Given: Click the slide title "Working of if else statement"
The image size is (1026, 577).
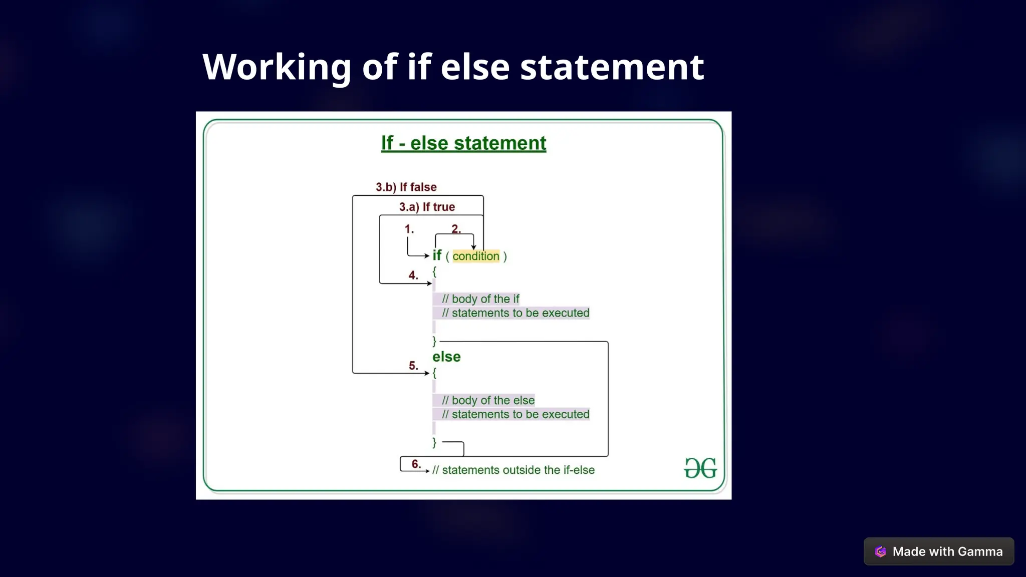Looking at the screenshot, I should point(453,67).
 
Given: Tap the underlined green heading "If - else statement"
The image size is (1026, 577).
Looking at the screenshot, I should point(463,143).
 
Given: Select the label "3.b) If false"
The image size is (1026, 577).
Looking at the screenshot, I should point(406,187).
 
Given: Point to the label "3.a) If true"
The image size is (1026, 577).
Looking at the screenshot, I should point(427,207).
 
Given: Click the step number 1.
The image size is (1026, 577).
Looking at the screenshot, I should point(409,229).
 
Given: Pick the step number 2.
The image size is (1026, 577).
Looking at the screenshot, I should point(456,229).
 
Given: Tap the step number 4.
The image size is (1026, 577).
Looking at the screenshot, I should point(413,275).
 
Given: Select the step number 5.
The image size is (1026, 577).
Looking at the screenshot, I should point(413,366).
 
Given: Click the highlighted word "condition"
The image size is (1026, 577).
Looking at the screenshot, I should point(476,256).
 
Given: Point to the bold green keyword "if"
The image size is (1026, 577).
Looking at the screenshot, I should point(437,255).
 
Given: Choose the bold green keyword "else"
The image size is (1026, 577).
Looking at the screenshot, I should point(446,357).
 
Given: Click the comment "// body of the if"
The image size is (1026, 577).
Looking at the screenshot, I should point(480,299).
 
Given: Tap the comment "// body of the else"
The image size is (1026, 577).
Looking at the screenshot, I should point(488,400).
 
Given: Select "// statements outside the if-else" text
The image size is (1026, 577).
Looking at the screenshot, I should point(514,470).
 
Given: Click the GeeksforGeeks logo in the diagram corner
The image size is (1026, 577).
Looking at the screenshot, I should point(700,468).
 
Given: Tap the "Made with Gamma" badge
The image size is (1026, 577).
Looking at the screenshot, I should point(938,551).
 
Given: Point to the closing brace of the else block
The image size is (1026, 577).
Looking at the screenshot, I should point(434,442).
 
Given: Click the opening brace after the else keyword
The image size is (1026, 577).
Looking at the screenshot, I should point(434,373).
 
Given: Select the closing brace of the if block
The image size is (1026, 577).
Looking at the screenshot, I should point(434,341).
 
